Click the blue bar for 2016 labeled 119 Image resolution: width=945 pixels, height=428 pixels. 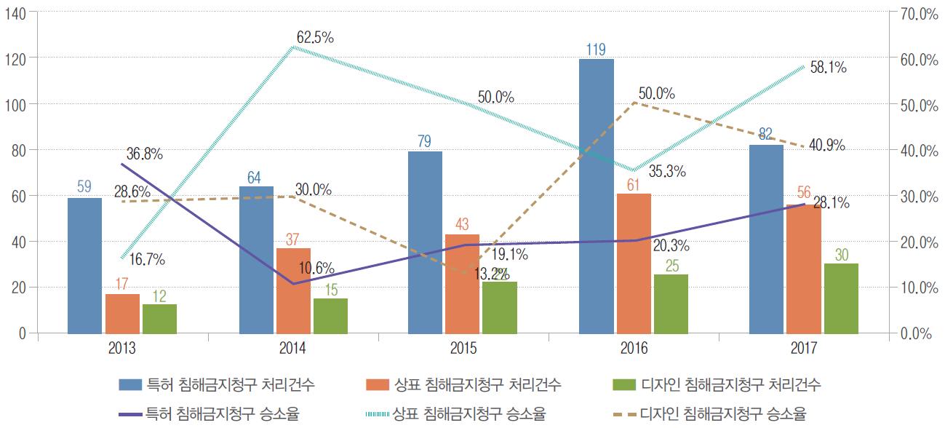pos(596,196)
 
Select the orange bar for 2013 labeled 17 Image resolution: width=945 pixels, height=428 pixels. pos(122,314)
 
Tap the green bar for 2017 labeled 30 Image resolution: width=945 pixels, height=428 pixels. pos(841,298)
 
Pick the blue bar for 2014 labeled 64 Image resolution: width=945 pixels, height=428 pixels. pos(256,260)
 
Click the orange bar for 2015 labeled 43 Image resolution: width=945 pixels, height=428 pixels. pos(462,284)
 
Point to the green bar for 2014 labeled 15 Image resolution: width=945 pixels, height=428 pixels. pos(330,315)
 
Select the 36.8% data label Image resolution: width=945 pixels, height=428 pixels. pos(144,154)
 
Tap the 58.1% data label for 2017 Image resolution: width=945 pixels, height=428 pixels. pos(827,68)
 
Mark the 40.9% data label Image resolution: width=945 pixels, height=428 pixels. pos(826,145)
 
